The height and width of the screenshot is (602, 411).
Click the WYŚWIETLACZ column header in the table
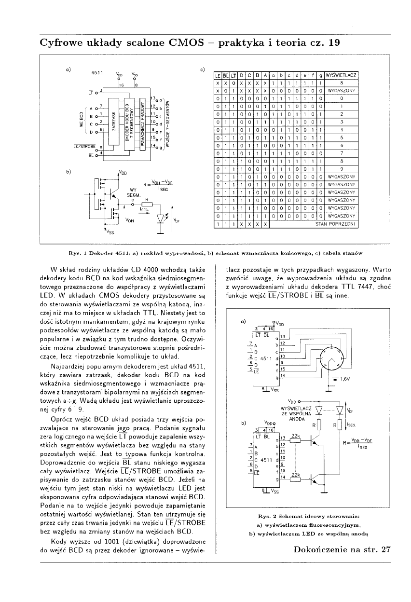pyautogui.click(x=341, y=76)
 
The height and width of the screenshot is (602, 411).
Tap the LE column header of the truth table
pyautogui.click(x=217, y=76)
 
